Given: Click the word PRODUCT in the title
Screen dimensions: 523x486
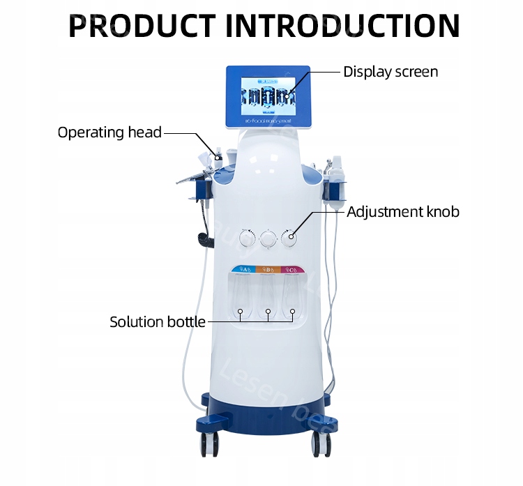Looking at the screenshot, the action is pyautogui.click(x=144, y=25).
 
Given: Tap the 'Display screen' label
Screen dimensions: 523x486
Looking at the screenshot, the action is pyautogui.click(x=391, y=72).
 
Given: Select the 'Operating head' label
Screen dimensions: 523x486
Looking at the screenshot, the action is pyautogui.click(x=109, y=132).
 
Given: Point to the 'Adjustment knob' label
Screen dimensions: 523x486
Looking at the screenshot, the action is pyautogui.click(x=403, y=211).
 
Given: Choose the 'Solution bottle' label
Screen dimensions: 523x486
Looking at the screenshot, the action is pyautogui.click(x=158, y=321).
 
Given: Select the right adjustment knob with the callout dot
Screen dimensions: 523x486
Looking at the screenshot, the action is pyautogui.click(x=288, y=237).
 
